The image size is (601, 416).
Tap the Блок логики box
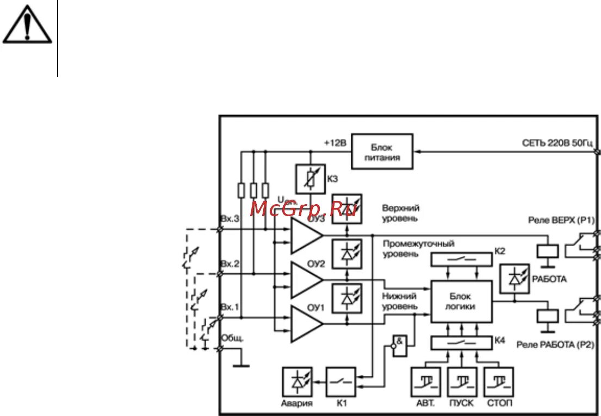click(x=462, y=301)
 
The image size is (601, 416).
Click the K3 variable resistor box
click(x=310, y=179)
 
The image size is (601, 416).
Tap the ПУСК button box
click(x=462, y=383)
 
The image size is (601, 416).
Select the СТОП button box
click(x=498, y=383)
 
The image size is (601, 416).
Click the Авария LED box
click(x=297, y=383)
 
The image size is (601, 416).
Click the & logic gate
click(x=400, y=345)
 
